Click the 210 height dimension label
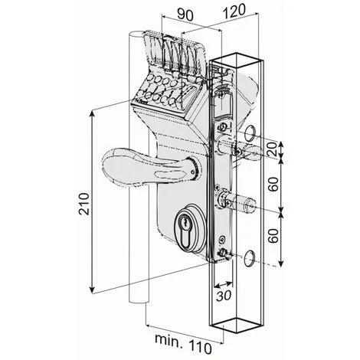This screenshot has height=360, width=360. click(x=84, y=204)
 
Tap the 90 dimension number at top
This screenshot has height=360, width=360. click(x=185, y=15)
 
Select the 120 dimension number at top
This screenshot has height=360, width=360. click(x=234, y=11)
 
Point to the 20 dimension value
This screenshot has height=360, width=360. click(x=273, y=149)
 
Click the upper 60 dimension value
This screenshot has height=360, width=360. click(x=273, y=184)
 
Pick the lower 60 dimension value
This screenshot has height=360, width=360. click(x=273, y=236)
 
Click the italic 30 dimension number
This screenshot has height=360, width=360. click(x=224, y=296)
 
